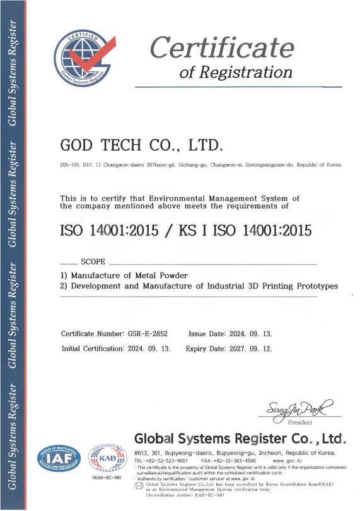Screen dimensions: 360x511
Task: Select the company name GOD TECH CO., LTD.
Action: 141,146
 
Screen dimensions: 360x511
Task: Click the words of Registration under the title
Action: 236,73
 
